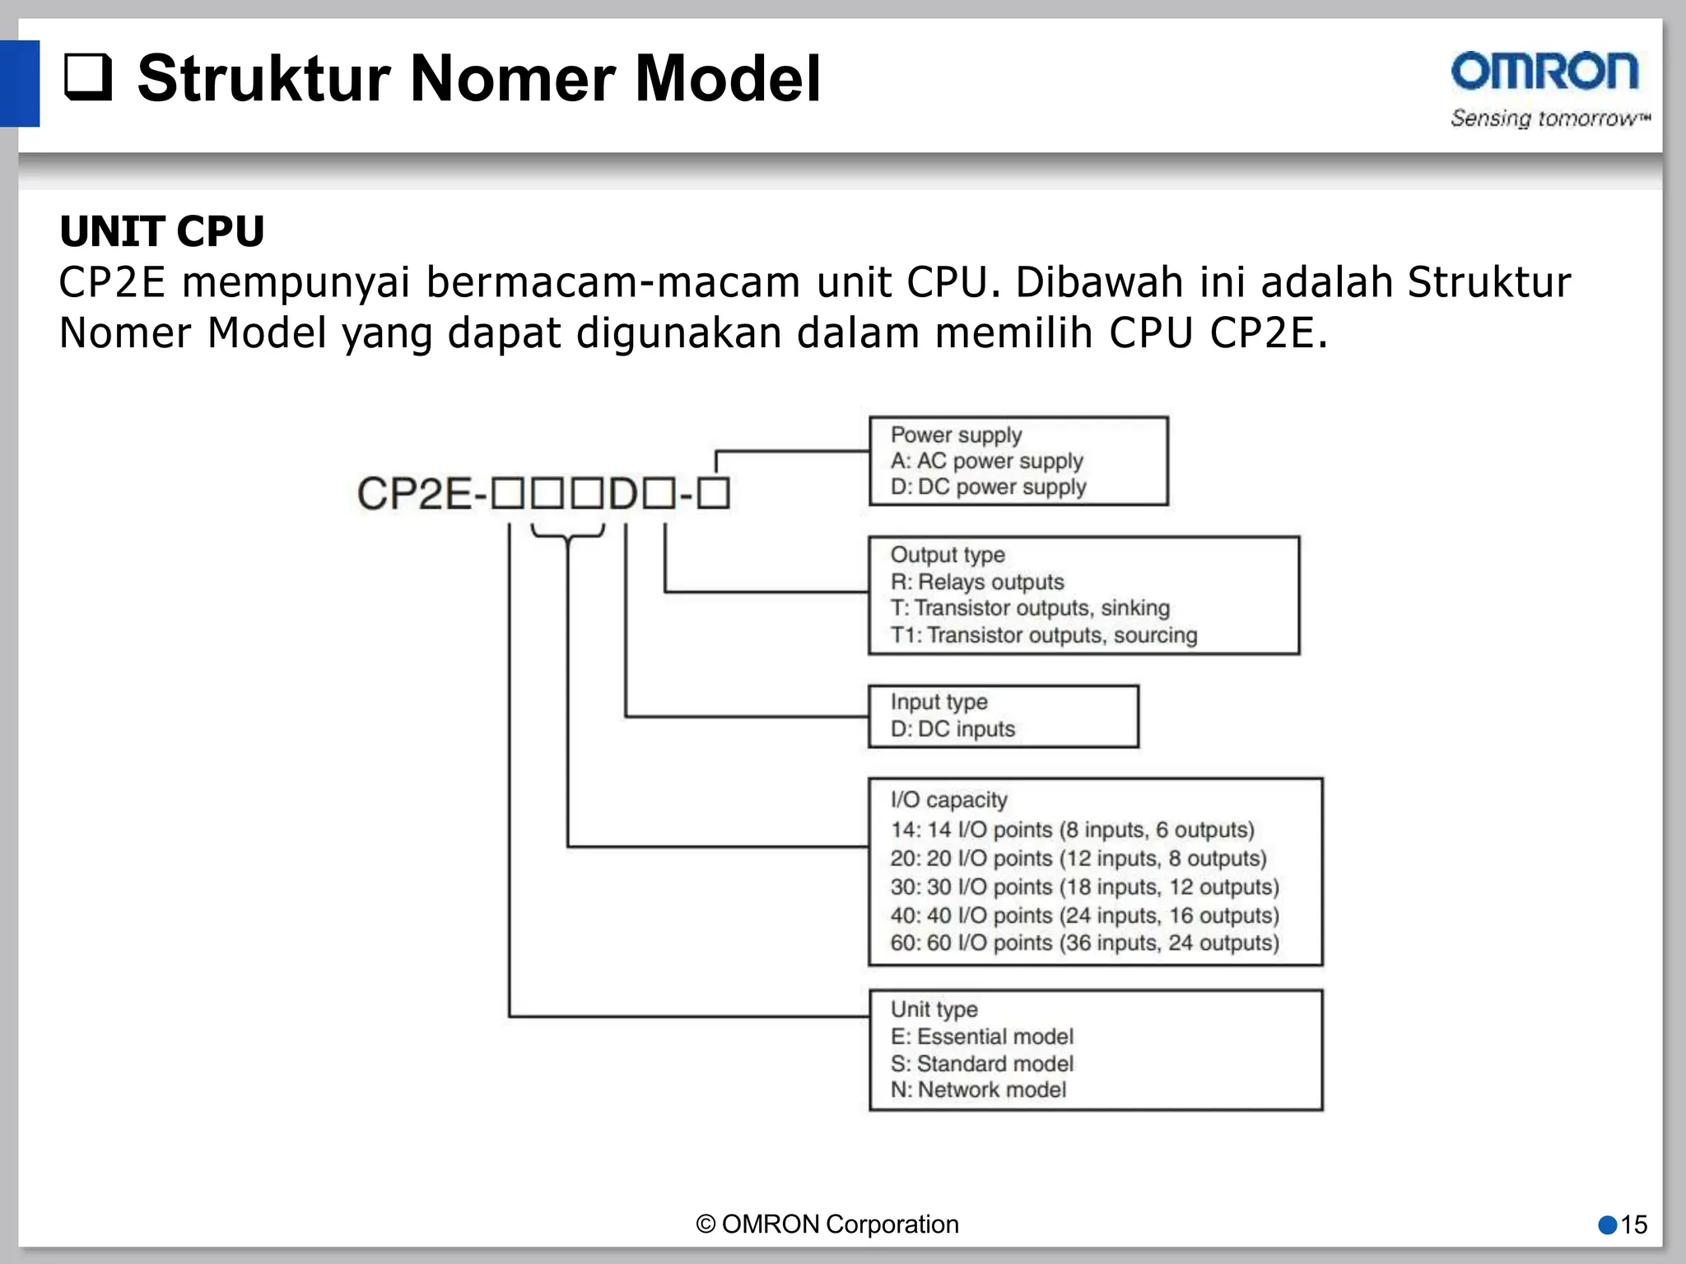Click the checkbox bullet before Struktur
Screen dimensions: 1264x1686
tap(88, 77)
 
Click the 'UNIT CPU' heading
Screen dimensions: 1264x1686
tap(161, 231)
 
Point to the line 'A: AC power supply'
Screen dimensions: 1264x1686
tap(986, 461)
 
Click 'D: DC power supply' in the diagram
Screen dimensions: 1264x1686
tap(988, 487)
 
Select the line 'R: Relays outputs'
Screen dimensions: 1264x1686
tap(977, 582)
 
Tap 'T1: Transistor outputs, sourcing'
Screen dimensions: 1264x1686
tap(1043, 635)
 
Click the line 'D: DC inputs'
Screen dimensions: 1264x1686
tap(952, 729)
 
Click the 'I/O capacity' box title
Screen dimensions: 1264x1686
tap(948, 800)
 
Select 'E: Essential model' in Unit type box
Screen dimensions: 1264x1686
tap(981, 1037)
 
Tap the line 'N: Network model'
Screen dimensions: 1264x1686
tap(978, 1090)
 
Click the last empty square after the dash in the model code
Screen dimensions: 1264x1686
tap(714, 494)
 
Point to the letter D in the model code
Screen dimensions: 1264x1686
tap(623, 494)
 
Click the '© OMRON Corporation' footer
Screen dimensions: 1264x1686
tap(827, 1224)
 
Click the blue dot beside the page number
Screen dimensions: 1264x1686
tap(1607, 1225)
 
